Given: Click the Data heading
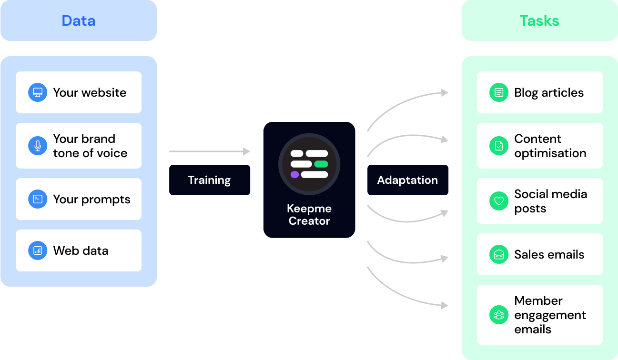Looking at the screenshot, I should (x=79, y=21).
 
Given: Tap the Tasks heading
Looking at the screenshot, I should (x=539, y=21).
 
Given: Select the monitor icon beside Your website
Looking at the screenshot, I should (x=38, y=92).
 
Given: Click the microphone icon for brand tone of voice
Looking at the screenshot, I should (x=38, y=146).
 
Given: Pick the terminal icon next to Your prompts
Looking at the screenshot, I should (x=38, y=199).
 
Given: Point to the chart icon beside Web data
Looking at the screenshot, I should (x=38, y=250).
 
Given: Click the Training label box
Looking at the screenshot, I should (x=209, y=180).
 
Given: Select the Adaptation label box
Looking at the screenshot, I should (x=407, y=180).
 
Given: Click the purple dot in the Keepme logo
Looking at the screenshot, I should (x=294, y=174).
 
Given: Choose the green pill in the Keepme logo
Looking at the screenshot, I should (x=321, y=164).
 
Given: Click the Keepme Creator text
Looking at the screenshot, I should (x=309, y=215).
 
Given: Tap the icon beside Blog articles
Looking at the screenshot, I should (x=499, y=92).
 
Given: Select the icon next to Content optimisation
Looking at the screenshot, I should (x=499, y=146).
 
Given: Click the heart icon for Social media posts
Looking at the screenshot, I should (x=499, y=201).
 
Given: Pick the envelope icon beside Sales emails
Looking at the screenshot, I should (x=499, y=254).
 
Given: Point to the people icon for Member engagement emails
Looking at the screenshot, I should (x=499, y=315).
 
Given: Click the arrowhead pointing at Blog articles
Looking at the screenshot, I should (x=445, y=93).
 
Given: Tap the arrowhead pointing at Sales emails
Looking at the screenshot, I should (x=445, y=259).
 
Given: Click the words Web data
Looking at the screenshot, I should (x=81, y=250).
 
